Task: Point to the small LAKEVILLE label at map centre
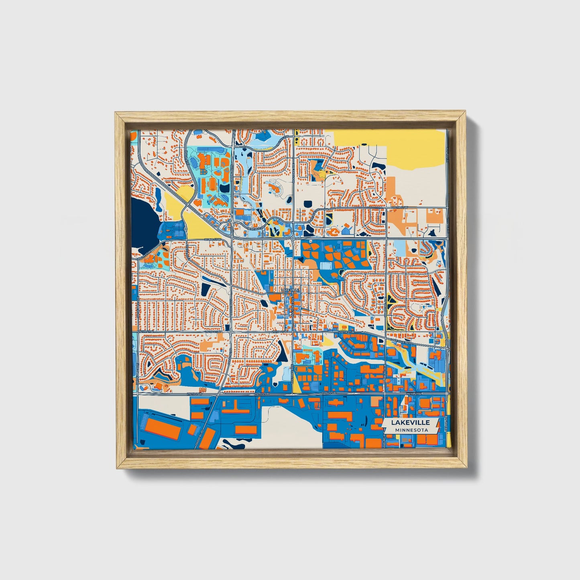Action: (x=290, y=289)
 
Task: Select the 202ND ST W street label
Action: (x=212, y=240)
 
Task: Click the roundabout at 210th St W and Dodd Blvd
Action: (x=230, y=332)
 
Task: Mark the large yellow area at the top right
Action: (x=393, y=149)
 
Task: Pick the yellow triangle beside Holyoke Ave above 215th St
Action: (x=297, y=386)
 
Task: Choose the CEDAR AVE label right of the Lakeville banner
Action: (x=445, y=425)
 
